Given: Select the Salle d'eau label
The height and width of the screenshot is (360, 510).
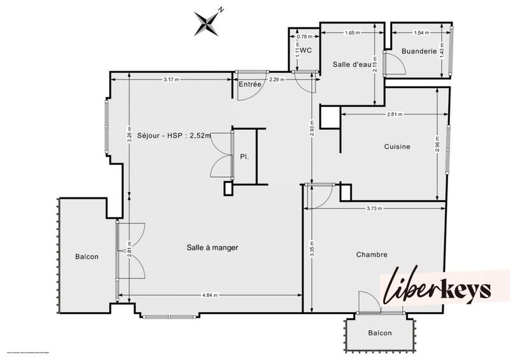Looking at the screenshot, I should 351,64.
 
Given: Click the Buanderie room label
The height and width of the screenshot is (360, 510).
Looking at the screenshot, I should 419,52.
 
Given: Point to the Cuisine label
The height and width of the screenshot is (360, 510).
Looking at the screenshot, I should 397,147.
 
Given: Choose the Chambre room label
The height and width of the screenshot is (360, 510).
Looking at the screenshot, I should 372,254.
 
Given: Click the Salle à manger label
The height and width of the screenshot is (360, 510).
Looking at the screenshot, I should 212,247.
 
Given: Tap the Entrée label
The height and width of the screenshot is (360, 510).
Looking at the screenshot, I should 249,83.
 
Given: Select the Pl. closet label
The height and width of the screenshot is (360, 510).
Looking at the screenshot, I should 244,155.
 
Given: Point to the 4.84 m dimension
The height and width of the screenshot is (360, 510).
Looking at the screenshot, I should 210,295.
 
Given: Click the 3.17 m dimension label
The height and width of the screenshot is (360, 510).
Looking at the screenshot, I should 171,79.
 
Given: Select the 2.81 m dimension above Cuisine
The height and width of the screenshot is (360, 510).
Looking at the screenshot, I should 395,115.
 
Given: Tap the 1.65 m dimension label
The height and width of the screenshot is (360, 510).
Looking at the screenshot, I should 351,32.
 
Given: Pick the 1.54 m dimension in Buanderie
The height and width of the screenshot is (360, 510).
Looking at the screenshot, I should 419,32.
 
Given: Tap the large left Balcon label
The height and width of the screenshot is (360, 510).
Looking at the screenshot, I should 87,257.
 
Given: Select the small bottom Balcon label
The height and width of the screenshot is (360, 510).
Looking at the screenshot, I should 380,333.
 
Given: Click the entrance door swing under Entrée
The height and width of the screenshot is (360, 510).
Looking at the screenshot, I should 249,92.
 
